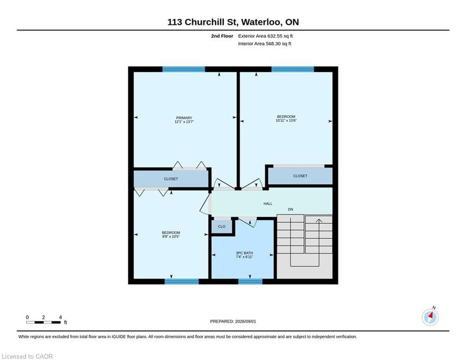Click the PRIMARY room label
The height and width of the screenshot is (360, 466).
[184, 118]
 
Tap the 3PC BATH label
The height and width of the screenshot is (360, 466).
[244, 253]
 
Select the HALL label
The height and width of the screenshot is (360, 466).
[268, 204]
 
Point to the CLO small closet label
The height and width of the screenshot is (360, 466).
[222, 226]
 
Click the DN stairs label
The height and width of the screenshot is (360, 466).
[290, 210]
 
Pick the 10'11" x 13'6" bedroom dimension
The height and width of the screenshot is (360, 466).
[286, 120]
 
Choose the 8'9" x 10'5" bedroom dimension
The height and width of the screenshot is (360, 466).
[171, 237]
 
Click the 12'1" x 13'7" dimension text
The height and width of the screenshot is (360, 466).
[184, 122]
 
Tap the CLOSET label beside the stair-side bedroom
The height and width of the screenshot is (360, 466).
[300, 176]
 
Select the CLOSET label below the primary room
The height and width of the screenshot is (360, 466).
[171, 179]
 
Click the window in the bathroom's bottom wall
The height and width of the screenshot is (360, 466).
[250, 281]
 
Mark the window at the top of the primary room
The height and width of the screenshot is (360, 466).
[184, 69]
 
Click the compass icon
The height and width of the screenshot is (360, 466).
[430, 317]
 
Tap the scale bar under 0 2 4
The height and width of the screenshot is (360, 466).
[44, 322]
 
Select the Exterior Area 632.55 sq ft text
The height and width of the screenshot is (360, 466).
[266, 36]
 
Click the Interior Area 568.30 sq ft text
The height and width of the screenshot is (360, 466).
[265, 44]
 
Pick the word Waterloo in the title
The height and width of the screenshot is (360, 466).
[261, 22]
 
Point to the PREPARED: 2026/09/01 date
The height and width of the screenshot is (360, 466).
[233, 321]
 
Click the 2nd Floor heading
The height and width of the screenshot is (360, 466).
[222, 36]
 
